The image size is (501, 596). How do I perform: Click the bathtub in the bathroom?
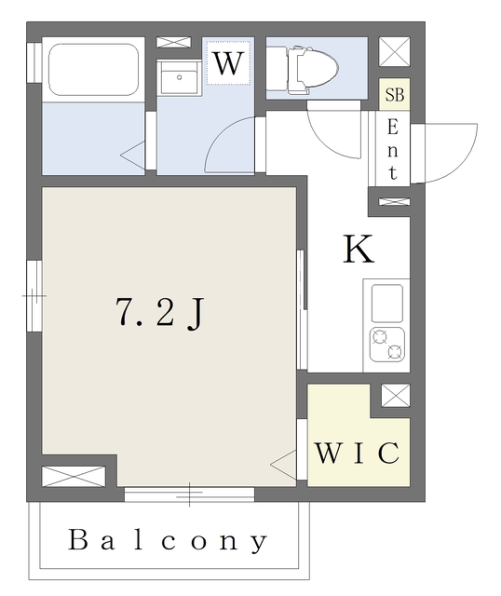coord(93,70)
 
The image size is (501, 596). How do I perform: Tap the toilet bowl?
coord(313,70)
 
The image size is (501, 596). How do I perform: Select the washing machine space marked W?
coord(228,62)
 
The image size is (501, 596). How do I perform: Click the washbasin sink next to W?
coord(179,77)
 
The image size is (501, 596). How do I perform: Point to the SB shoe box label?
coord(395,95)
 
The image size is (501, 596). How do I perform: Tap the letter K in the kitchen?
coord(359,250)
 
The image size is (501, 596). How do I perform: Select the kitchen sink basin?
coord(387,304)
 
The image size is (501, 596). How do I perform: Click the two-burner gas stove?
coord(387,345)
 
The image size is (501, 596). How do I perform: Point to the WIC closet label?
coord(358,453)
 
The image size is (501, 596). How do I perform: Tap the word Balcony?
coord(168,540)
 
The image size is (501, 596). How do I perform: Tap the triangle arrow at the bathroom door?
coord(133,155)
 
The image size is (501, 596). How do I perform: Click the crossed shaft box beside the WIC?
coord(396,395)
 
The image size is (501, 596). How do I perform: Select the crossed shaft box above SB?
coord(395,51)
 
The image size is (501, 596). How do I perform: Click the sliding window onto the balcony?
coord(189,494)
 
